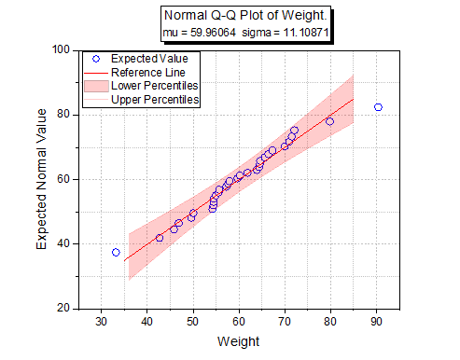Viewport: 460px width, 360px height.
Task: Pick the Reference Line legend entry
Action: tap(147, 72)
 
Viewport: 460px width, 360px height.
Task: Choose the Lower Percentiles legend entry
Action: tap(153, 85)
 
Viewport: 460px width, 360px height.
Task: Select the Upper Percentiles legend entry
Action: tap(153, 98)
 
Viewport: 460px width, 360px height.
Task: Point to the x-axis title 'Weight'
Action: tap(239, 342)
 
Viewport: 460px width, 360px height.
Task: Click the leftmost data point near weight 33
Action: tap(116, 252)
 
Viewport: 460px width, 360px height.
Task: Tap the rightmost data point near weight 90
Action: tap(378, 107)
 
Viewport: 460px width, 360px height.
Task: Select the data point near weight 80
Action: tap(329, 121)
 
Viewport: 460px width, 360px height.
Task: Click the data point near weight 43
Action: tap(160, 238)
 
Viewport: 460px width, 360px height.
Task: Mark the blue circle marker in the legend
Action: tap(95, 59)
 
